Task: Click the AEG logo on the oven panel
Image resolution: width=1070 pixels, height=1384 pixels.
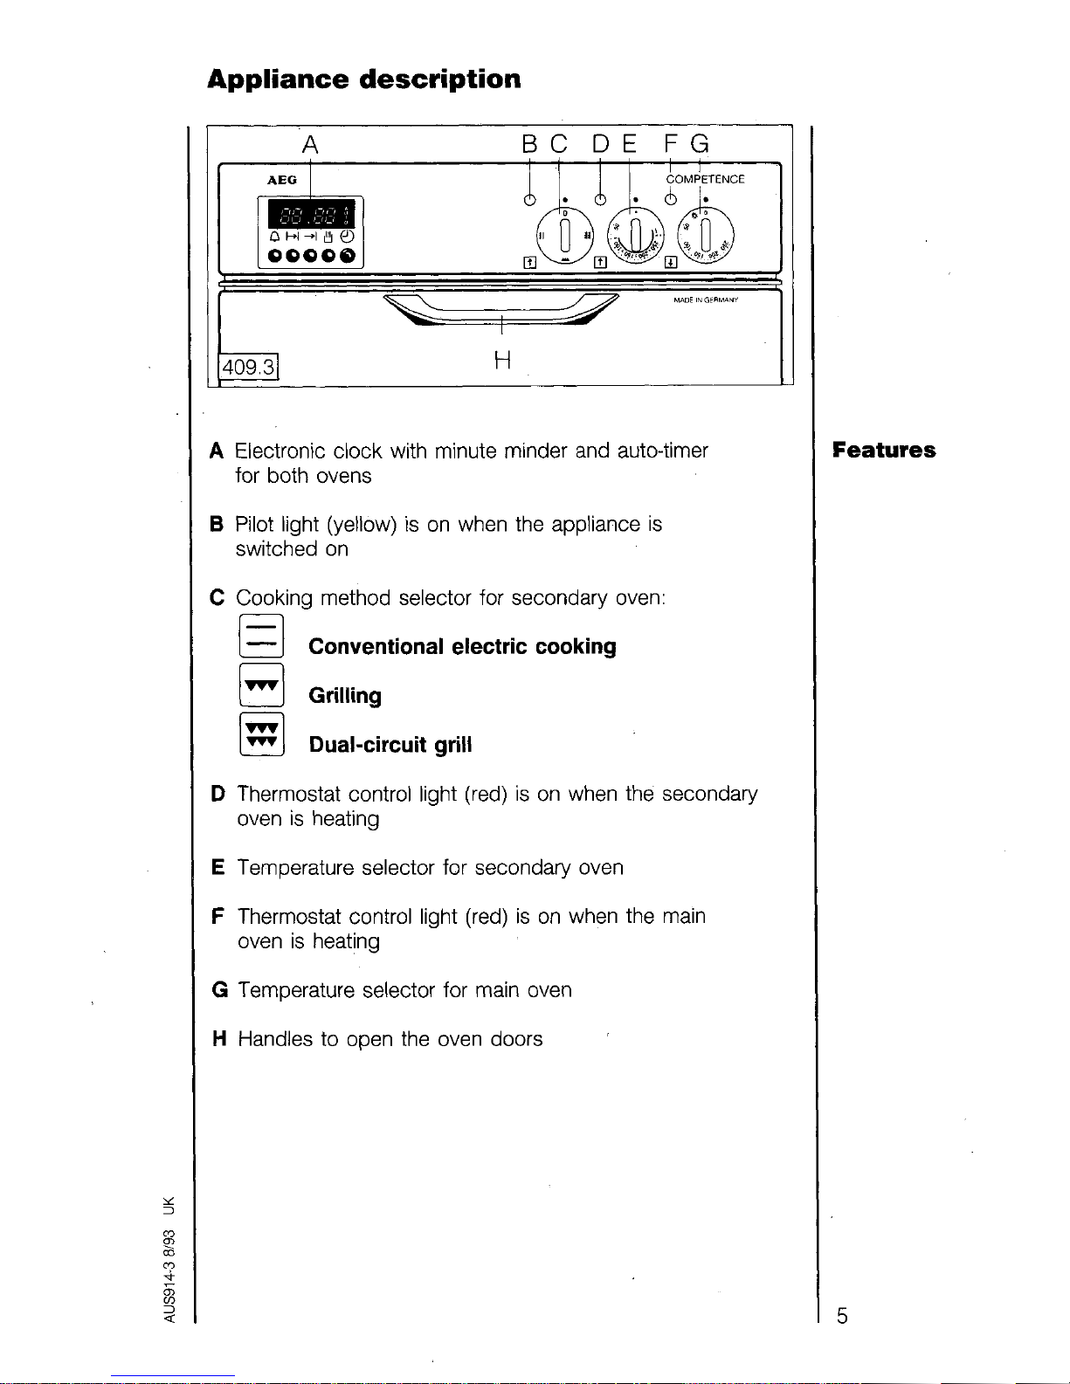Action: [x=281, y=180]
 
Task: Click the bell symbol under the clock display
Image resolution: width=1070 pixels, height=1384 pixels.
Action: [x=274, y=237]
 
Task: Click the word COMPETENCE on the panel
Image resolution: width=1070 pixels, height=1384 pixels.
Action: [x=705, y=180]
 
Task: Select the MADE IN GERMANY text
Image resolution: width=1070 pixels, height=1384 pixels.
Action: [x=706, y=300]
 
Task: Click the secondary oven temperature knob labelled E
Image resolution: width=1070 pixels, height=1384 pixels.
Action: [x=635, y=234]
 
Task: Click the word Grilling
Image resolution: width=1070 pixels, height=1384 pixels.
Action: [x=345, y=696]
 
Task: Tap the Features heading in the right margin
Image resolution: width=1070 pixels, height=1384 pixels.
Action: [x=884, y=451]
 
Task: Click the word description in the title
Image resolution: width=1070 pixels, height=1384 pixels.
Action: [x=440, y=79]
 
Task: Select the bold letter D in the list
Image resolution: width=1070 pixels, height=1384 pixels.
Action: [x=217, y=795]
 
